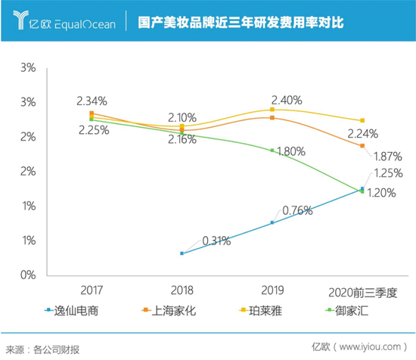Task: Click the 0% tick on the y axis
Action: [x=26, y=275]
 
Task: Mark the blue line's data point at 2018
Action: [x=182, y=253]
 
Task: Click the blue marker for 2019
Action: [x=272, y=222]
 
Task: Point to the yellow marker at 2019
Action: [x=272, y=109]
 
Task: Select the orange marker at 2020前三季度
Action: [x=362, y=145]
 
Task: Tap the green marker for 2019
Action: [x=272, y=150]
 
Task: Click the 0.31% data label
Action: [x=216, y=241]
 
